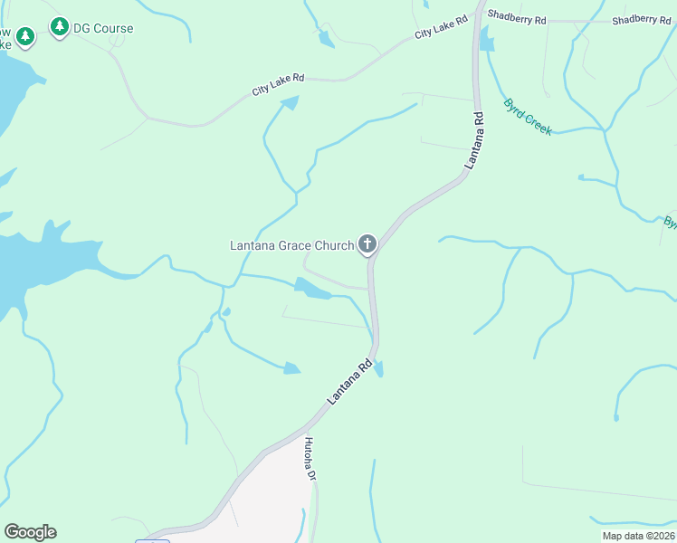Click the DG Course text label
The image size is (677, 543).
point(104,28)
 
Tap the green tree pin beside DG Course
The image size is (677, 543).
point(60,28)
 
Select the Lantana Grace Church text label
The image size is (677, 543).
point(291,245)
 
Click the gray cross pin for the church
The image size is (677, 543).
point(367,243)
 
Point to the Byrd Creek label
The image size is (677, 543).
point(527,117)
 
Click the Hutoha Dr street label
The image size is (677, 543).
point(310,458)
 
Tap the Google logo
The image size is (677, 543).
point(30,532)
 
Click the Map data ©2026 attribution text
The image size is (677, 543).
point(637,536)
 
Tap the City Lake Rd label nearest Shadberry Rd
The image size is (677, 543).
point(441,26)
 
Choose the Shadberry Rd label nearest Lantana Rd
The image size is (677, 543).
point(517,17)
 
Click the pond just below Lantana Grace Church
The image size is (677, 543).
point(312,289)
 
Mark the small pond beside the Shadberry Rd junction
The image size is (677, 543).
point(487,40)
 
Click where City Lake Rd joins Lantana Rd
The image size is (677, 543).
point(472,16)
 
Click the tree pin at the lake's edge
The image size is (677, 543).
point(25,36)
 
